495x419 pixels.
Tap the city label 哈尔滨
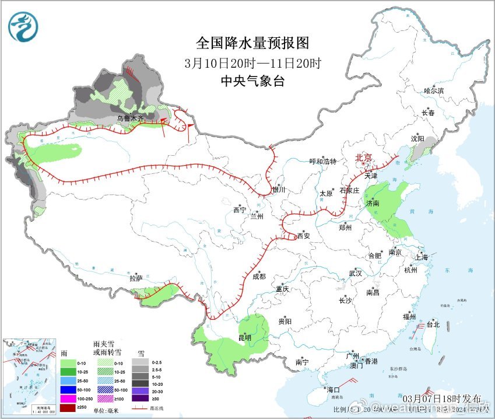[x=434, y=90]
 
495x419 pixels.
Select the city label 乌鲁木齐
[x=129, y=118]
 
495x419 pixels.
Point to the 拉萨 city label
[x=136, y=279]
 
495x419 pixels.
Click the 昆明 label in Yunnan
[x=245, y=337]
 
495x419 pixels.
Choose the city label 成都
[x=259, y=276]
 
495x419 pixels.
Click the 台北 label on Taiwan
[x=433, y=324]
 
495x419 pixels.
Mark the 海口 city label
[x=333, y=389]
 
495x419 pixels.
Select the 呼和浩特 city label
[x=323, y=162]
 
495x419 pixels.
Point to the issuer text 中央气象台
[x=252, y=82]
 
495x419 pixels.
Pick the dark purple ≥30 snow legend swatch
[x=139, y=398]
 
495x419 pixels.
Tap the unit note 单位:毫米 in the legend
[x=107, y=411]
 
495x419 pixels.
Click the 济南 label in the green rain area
[x=372, y=204]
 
